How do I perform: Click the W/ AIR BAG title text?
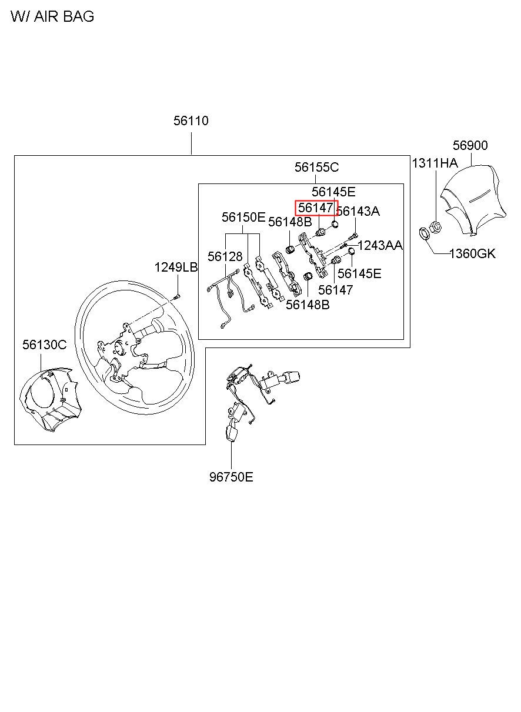pos(52,16)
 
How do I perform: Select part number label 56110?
pos(191,121)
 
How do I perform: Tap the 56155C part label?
pos(316,167)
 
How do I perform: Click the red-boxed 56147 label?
pos(316,208)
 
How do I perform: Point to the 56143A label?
pos(358,211)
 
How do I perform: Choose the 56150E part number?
pos(243,217)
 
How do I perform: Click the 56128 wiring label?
pos(225,256)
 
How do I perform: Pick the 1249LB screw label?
pos(176,267)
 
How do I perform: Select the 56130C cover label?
pos(45,345)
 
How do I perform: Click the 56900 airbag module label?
pos(470,145)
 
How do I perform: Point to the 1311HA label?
pos(435,163)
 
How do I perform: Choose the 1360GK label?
pos(472,253)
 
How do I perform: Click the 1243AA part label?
pos(380,245)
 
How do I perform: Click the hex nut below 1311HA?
pos(436,226)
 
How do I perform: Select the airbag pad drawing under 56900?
pos(472,200)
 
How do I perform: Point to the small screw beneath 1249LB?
pos(178,297)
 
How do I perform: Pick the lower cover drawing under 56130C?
pos(51,400)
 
